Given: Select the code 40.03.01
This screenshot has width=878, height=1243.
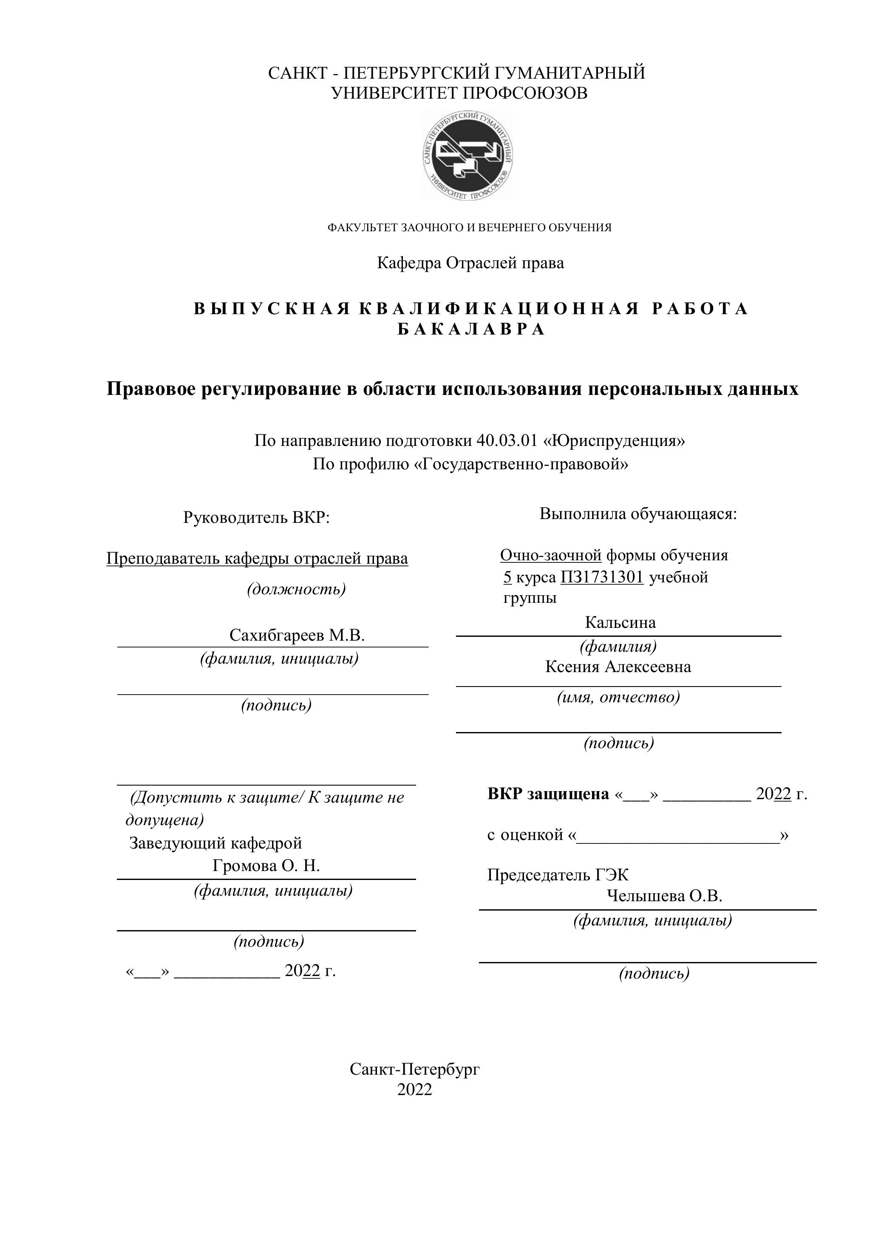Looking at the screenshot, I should point(507,441).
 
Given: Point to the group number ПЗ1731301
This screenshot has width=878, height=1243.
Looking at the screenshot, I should point(602,577).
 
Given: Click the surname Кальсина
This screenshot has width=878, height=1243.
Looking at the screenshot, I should point(620,623).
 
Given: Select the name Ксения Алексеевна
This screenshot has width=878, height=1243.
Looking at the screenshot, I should point(617,667).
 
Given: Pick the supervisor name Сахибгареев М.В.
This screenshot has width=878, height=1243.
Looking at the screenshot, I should point(297,635).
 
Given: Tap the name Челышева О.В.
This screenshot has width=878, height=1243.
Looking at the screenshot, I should point(664,896).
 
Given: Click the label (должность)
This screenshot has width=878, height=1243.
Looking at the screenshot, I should point(296,589).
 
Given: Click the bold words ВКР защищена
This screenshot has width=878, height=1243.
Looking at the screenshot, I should point(548,794).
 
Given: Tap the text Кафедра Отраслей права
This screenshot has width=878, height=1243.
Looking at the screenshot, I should point(470,263).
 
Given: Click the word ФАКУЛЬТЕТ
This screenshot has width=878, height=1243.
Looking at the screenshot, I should point(363,228).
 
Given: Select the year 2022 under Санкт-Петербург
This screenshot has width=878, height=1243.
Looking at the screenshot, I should point(415,1090).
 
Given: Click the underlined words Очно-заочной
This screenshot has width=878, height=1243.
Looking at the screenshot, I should point(550,556).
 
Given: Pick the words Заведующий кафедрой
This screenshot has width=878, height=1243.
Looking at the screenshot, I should point(215,843).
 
